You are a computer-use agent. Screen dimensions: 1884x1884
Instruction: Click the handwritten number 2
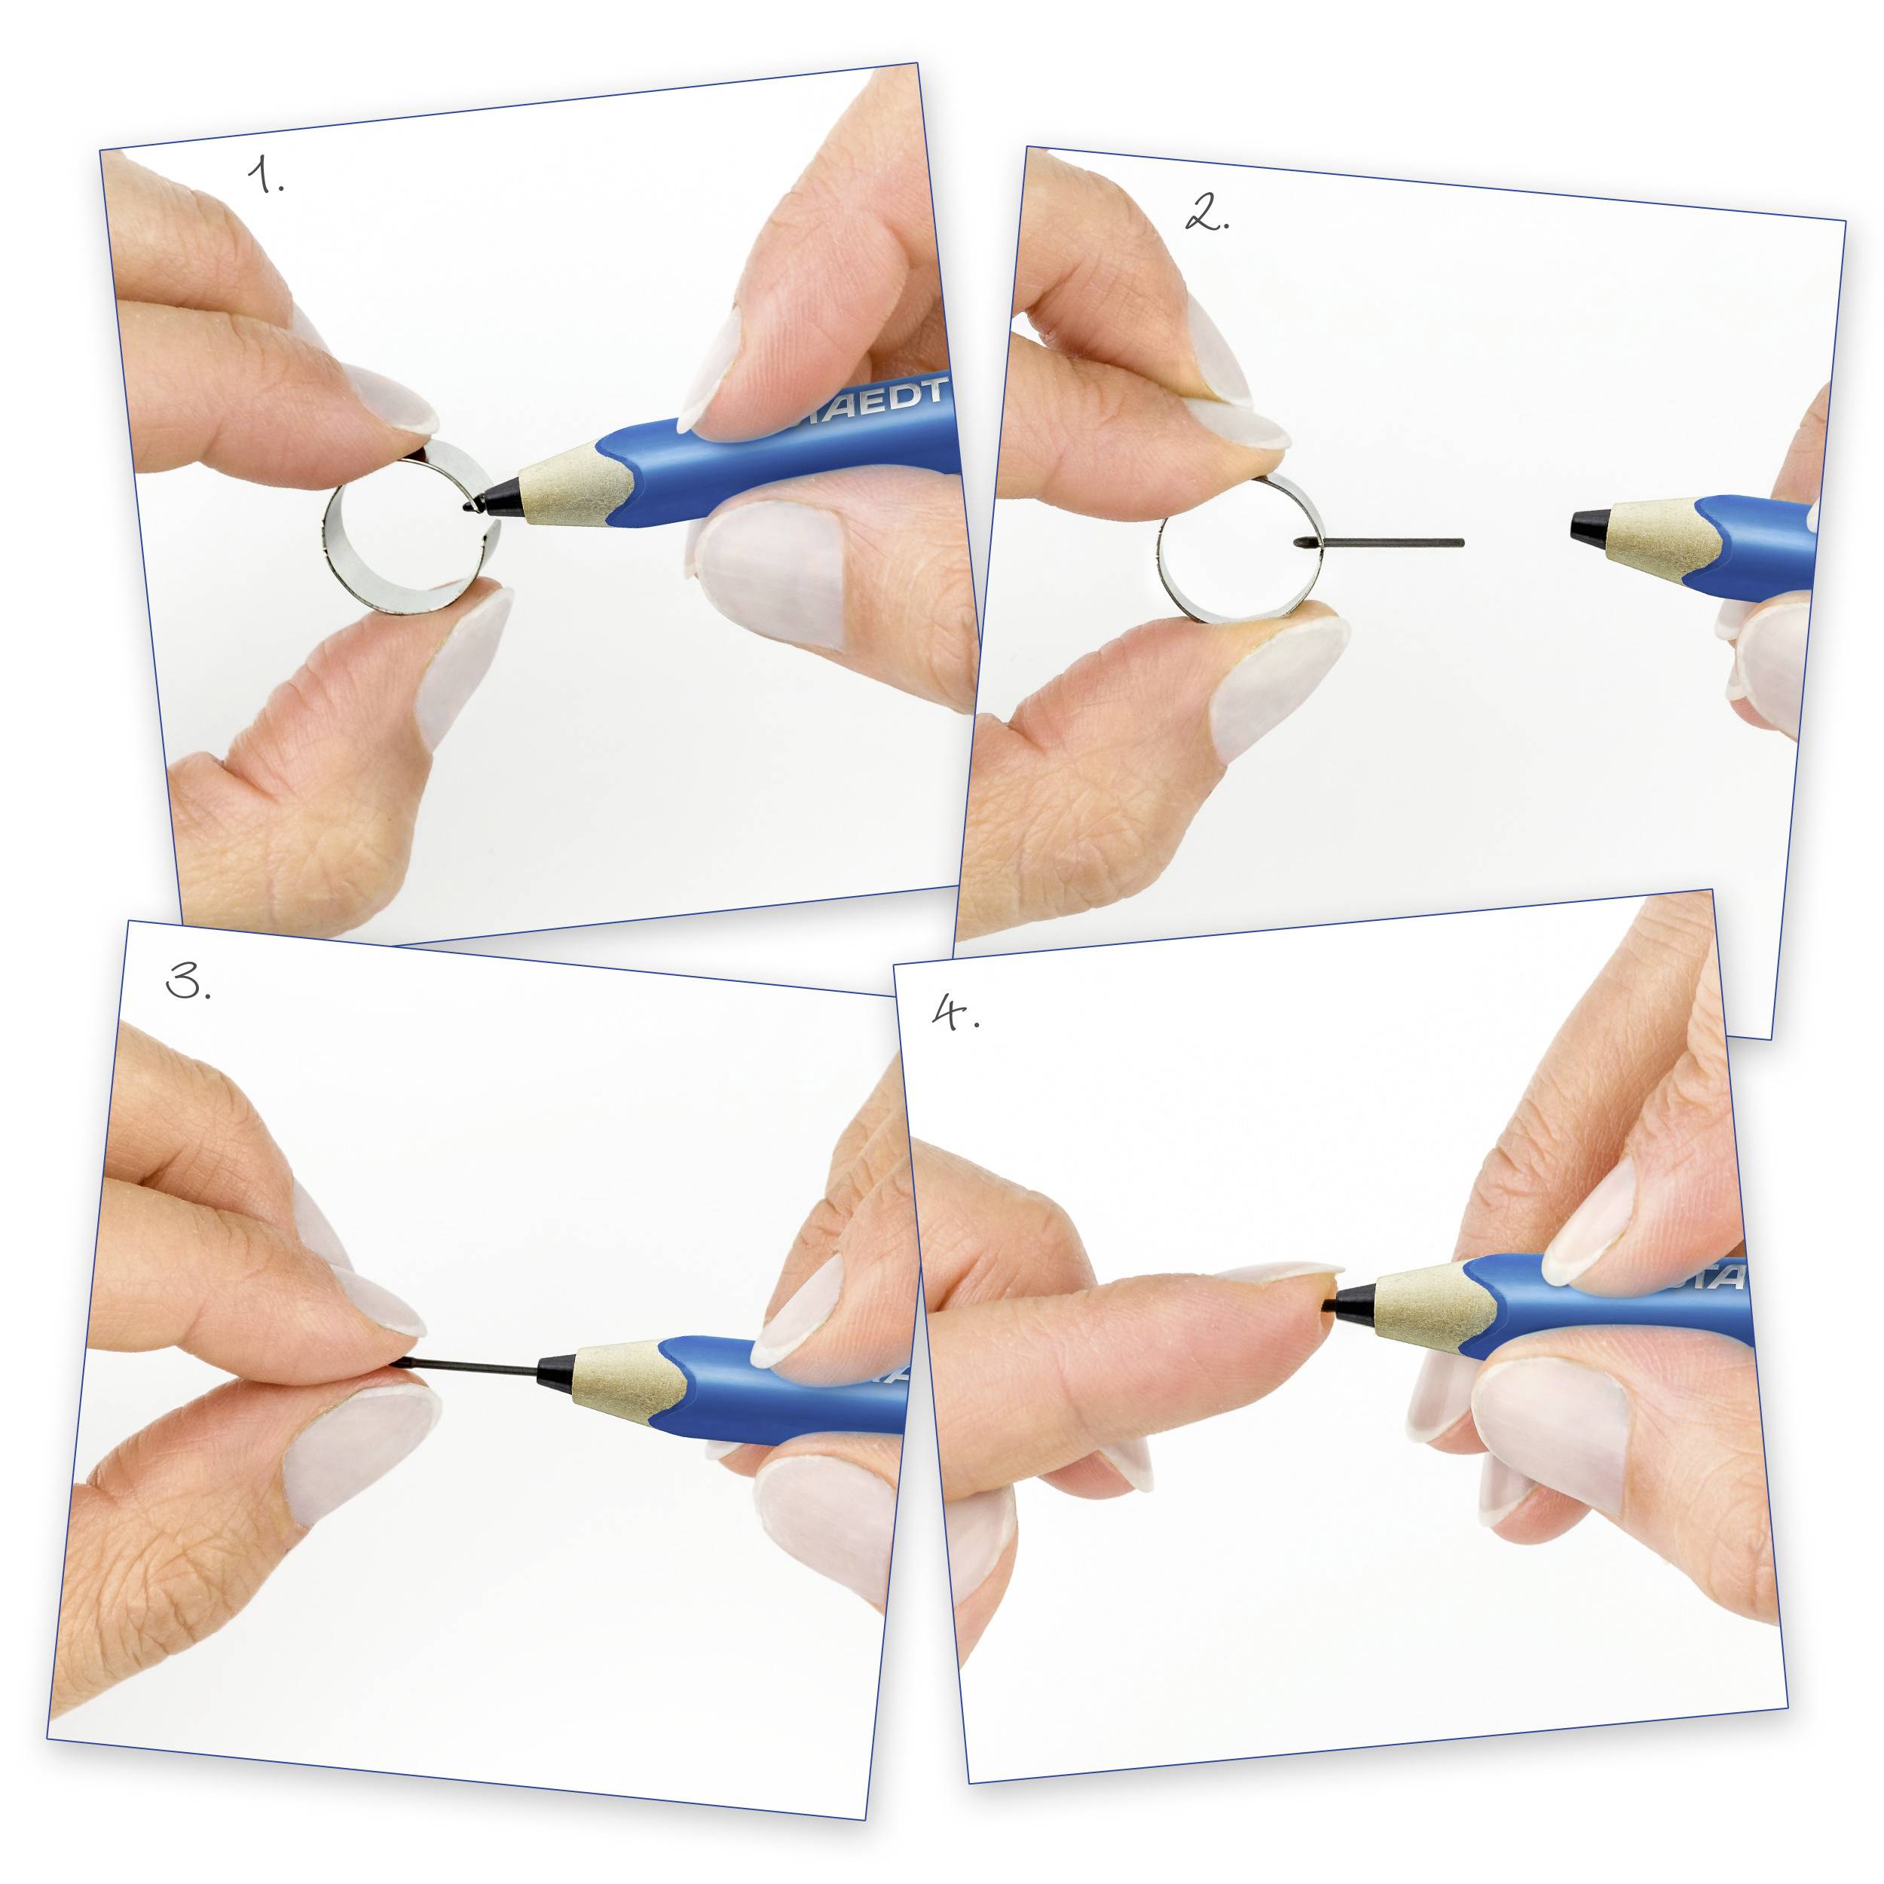point(1207,213)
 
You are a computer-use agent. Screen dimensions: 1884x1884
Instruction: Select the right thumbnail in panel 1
point(770,575)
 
